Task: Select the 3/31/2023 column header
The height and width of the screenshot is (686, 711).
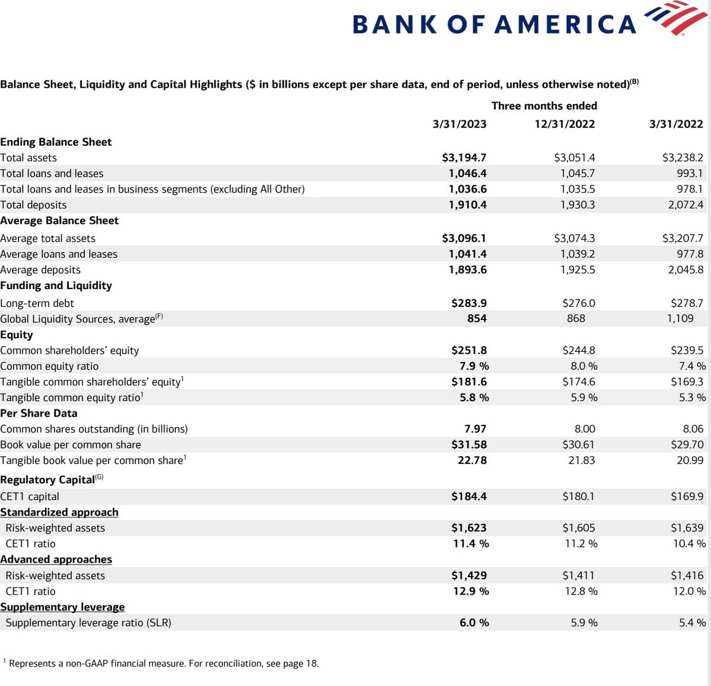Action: tap(459, 124)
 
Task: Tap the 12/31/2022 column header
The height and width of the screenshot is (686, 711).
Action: tap(565, 124)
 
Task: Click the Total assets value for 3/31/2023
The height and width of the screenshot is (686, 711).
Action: tap(464, 158)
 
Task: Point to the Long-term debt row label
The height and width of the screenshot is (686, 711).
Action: tap(37, 303)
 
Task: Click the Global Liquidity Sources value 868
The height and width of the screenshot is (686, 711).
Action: tap(576, 319)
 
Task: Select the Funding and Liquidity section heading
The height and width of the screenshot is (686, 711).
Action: tap(56, 286)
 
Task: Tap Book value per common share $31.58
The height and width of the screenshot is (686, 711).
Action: tap(469, 445)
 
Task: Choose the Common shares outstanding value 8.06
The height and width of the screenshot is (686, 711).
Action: tap(693, 429)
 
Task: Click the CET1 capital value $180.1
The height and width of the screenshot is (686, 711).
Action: tap(578, 496)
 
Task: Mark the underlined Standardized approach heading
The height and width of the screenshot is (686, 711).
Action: tap(59, 512)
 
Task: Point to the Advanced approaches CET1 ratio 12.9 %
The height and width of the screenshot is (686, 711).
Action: tap(471, 591)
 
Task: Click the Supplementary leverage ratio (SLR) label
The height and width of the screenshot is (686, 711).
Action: tap(88, 623)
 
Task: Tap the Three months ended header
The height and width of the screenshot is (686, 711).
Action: tap(544, 106)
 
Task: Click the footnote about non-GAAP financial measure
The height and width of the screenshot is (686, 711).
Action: tap(163, 663)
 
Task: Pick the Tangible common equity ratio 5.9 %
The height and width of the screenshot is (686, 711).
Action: tap(584, 398)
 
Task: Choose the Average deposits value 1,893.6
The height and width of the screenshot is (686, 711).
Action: tap(467, 270)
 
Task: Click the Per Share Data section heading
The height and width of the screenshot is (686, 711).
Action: tap(39, 413)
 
